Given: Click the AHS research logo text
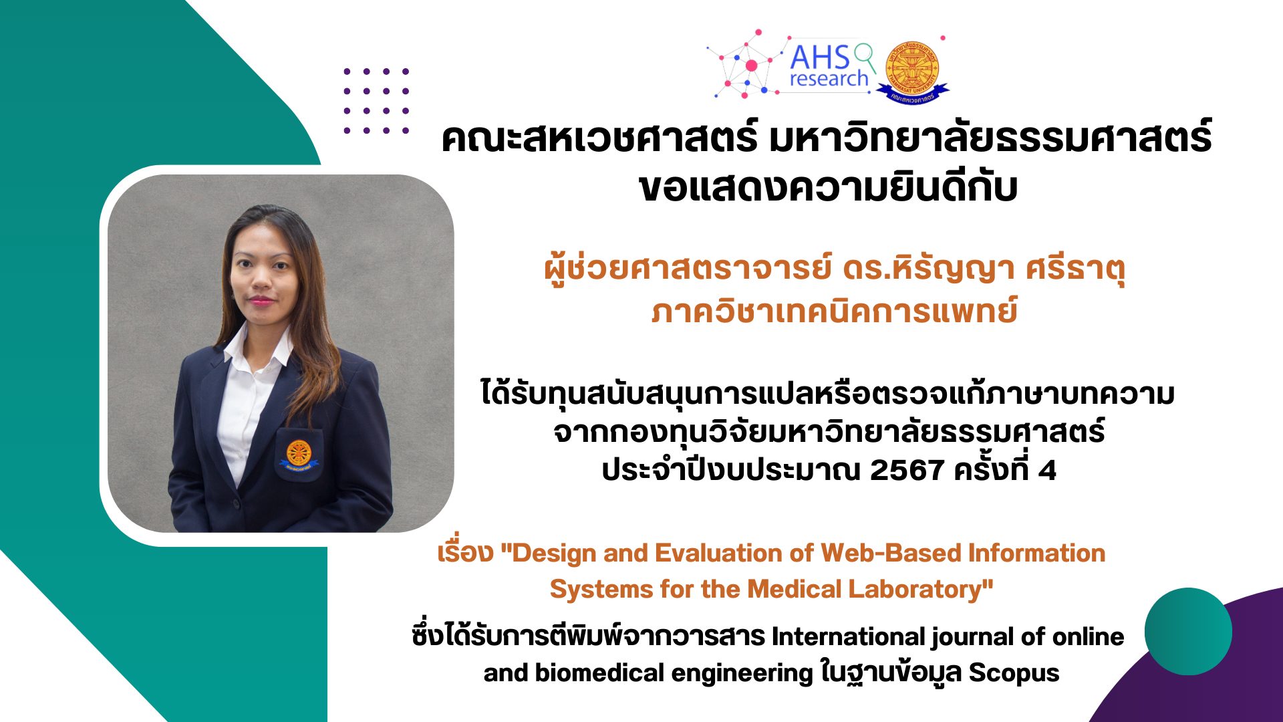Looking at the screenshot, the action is (x=829, y=67).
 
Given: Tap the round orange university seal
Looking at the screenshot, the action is (x=912, y=68).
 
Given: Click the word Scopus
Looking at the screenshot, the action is (x=1014, y=673).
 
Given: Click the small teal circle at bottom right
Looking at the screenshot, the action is (x=1188, y=631).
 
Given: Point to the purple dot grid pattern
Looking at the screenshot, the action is (x=376, y=101).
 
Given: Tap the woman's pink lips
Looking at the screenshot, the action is (x=261, y=300).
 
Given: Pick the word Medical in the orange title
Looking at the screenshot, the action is (x=795, y=590).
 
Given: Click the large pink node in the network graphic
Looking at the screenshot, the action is (x=751, y=66).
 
